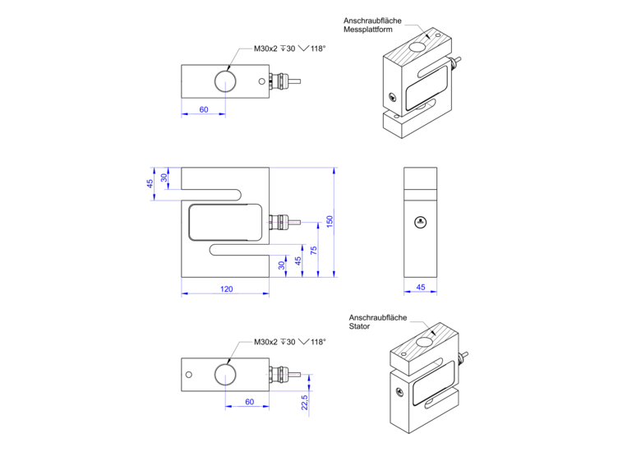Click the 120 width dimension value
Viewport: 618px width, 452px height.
226,288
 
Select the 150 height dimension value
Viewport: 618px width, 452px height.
330,222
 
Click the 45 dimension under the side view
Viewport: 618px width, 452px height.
421,288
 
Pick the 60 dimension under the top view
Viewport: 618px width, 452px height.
203,109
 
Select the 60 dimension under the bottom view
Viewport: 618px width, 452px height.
249,402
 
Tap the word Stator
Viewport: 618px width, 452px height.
359,326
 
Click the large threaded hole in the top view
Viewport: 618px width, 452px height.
225,81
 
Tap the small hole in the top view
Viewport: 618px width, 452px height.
261,81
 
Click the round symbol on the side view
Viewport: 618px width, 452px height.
420,222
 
